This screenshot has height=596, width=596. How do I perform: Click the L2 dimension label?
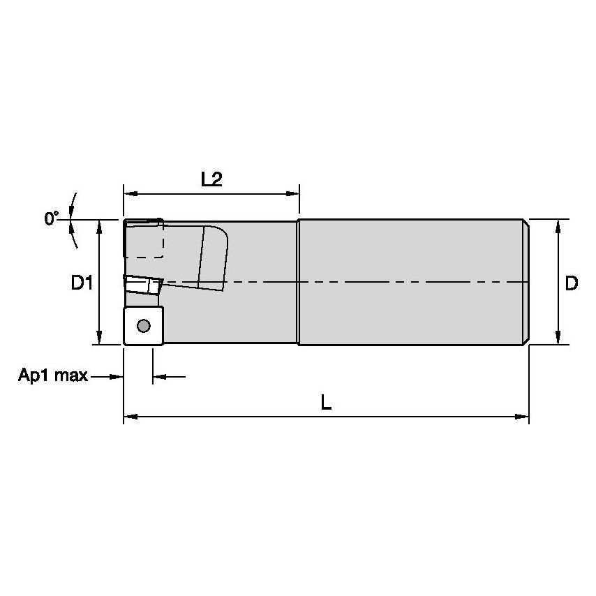pos(211,179)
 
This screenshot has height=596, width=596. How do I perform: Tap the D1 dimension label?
pos(82,283)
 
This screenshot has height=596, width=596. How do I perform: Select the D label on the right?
pos(572,283)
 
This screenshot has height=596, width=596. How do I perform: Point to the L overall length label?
pos(326,402)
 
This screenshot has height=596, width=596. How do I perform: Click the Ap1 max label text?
pos(53,375)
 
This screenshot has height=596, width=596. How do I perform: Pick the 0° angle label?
pos(52,218)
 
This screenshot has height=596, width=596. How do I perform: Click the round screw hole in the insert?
pos(144,325)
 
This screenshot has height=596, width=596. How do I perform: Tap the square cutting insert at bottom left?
pos(144,326)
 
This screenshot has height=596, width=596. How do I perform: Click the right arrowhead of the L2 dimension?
pos(292,194)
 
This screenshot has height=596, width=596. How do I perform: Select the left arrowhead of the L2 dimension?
pos(130,194)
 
